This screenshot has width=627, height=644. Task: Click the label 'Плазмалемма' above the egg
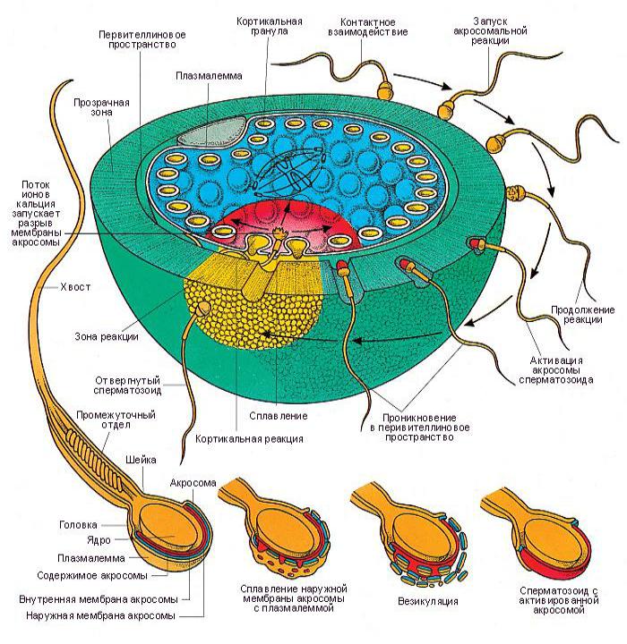tap(209, 76)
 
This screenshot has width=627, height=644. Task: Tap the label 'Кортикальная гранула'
tap(269, 26)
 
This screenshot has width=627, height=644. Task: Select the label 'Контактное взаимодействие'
tap(367, 27)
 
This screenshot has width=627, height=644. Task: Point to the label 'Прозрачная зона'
tap(101, 107)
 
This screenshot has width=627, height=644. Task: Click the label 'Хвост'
tap(75, 287)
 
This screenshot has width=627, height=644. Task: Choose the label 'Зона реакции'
tap(107, 337)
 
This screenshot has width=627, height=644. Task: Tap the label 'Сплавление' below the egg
tap(279, 416)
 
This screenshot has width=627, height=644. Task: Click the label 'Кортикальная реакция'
tap(249, 439)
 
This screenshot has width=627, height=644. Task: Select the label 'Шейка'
tap(141, 460)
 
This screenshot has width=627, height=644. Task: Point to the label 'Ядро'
tap(99, 540)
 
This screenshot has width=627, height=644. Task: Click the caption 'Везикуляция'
tap(428, 602)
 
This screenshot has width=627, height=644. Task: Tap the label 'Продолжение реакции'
tap(582, 315)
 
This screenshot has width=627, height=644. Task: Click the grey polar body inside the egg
tap(212, 131)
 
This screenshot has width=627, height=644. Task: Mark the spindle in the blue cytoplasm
tap(289, 173)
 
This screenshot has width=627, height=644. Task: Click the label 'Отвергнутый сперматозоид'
tap(127, 386)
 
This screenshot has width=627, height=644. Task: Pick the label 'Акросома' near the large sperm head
tap(193, 483)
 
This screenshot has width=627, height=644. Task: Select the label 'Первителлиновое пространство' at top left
tap(142, 40)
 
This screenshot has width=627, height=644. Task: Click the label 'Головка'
tap(78, 525)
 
